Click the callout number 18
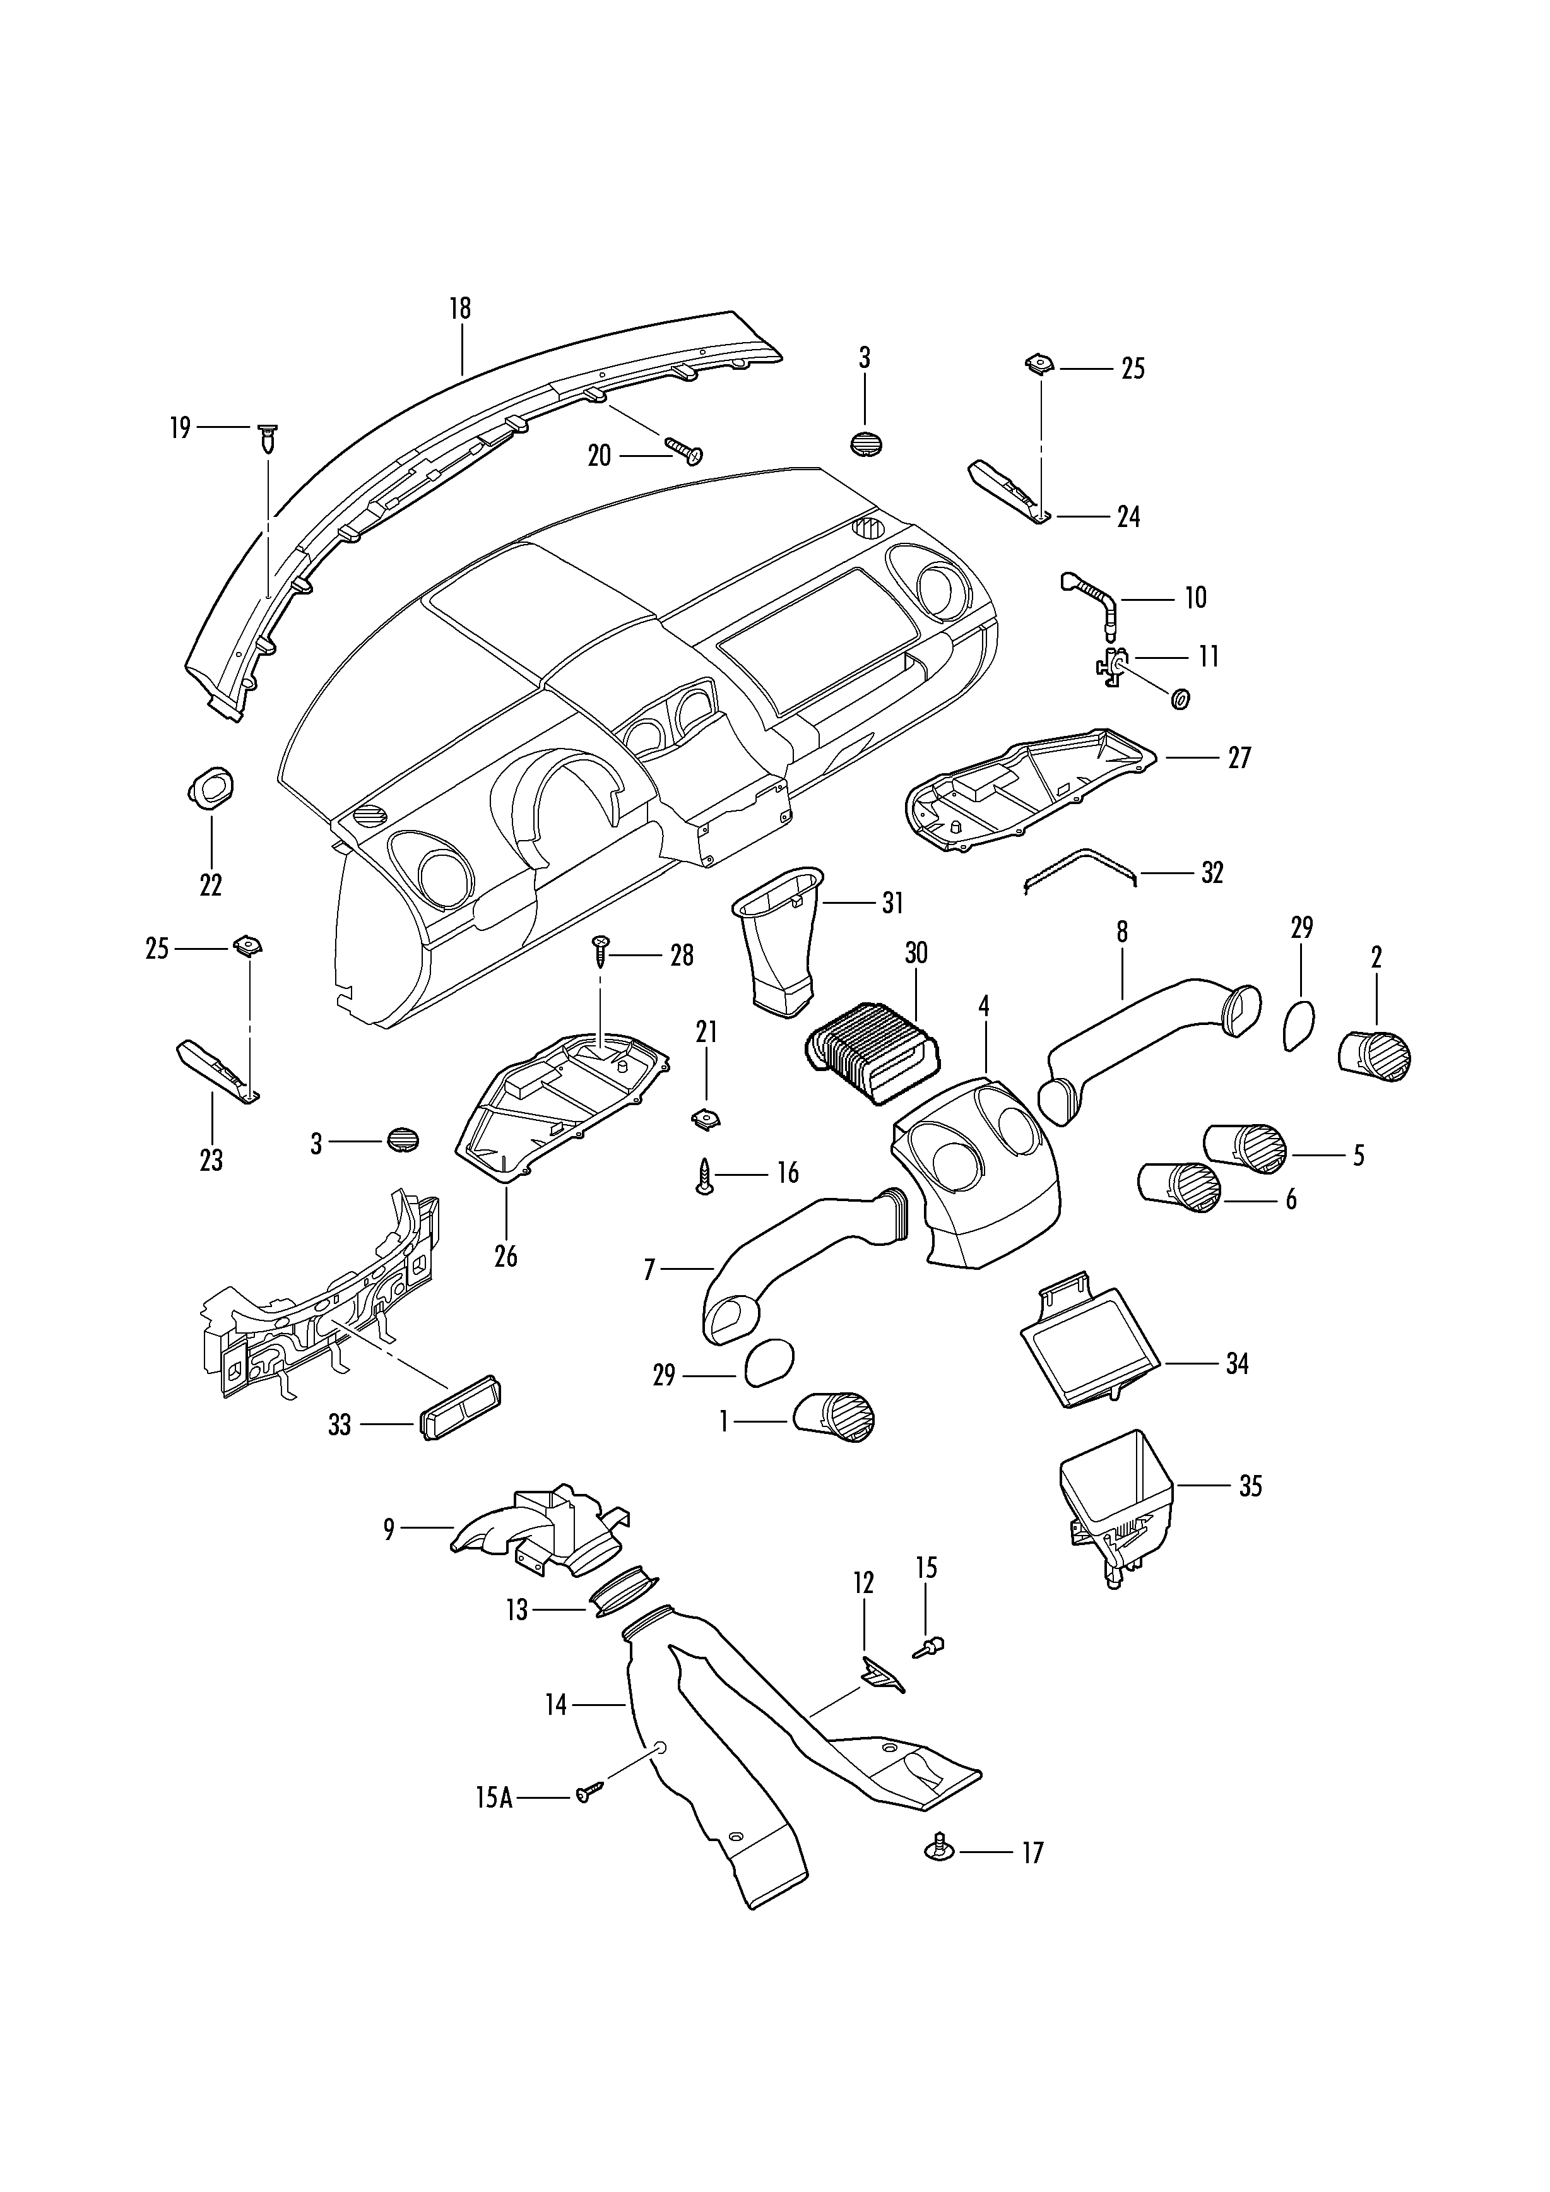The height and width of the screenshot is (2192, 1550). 460,309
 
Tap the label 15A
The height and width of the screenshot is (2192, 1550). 494,1798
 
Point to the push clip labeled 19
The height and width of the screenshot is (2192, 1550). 269,440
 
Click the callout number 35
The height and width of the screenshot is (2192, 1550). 1250,1486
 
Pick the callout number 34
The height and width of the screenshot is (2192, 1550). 1237,1363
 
